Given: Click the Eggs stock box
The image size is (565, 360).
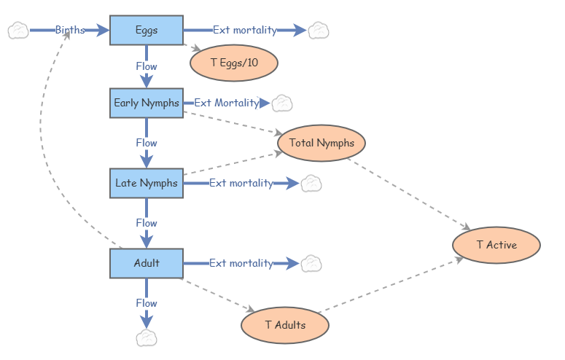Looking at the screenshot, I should pyautogui.click(x=147, y=30).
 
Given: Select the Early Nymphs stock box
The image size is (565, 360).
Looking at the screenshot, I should pyautogui.click(x=147, y=103).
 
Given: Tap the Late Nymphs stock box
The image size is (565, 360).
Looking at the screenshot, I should pyautogui.click(x=147, y=183).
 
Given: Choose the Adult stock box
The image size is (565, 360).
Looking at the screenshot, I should pyautogui.click(x=147, y=263).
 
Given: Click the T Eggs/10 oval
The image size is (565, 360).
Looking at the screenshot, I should pyautogui.click(x=234, y=63).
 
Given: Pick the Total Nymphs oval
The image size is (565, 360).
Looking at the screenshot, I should pyautogui.click(x=322, y=143).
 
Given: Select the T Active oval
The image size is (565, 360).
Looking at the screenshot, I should pyautogui.click(x=496, y=245).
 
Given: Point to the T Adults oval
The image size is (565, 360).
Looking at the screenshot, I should pyautogui.click(x=285, y=325).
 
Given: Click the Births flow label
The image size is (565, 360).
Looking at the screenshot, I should pyautogui.click(x=70, y=30).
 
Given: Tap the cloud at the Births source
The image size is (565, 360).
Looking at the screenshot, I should pyautogui.click(x=18, y=31).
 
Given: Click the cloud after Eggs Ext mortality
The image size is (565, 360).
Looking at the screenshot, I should pyautogui.click(x=319, y=31).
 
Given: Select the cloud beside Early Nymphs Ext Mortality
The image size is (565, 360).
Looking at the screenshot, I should pyautogui.click(x=282, y=103).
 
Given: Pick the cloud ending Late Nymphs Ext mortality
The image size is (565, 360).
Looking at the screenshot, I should pyautogui.click(x=311, y=183).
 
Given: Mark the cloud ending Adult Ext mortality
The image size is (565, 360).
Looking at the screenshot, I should pyautogui.click(x=311, y=263).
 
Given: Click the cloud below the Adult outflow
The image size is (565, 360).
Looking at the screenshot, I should pyautogui.click(x=147, y=337).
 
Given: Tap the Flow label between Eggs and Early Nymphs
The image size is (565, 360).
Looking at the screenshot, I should pyautogui.click(x=147, y=66).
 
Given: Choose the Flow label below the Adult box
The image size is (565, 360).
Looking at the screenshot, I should pyautogui.click(x=147, y=302).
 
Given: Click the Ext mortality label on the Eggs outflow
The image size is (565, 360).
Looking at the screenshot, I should pyautogui.click(x=245, y=30).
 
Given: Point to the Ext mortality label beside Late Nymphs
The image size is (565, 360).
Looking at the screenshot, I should pyautogui.click(x=241, y=183).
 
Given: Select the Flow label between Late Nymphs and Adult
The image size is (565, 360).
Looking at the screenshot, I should pyautogui.click(x=147, y=223).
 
